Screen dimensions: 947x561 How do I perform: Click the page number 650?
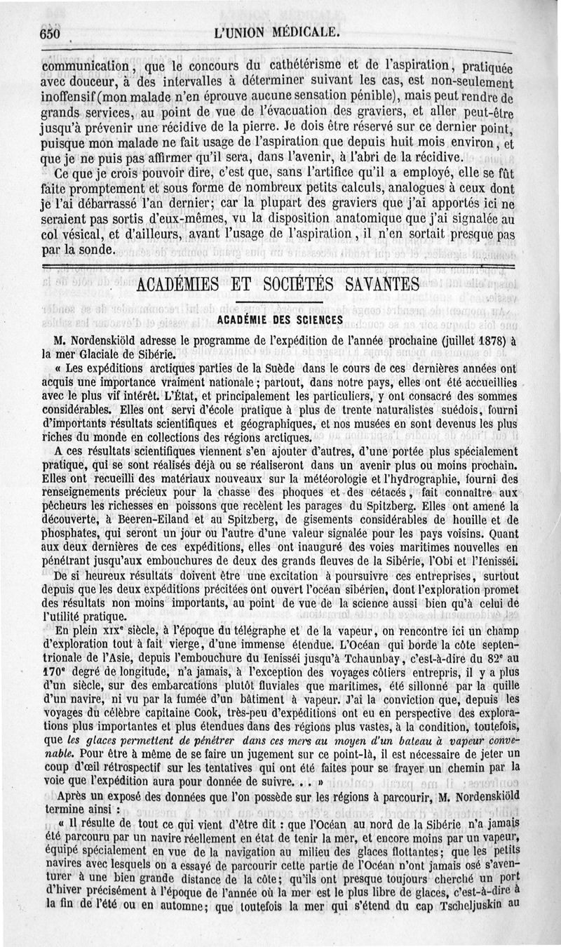click(x=53, y=34)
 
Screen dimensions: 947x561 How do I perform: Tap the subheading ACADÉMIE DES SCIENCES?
click(x=280, y=319)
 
